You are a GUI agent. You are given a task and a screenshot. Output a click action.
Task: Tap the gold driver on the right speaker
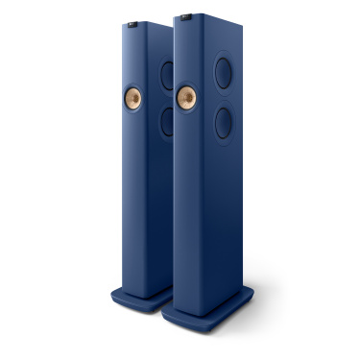click(188, 97)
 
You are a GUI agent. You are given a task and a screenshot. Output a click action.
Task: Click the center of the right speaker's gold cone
click(188, 97)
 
